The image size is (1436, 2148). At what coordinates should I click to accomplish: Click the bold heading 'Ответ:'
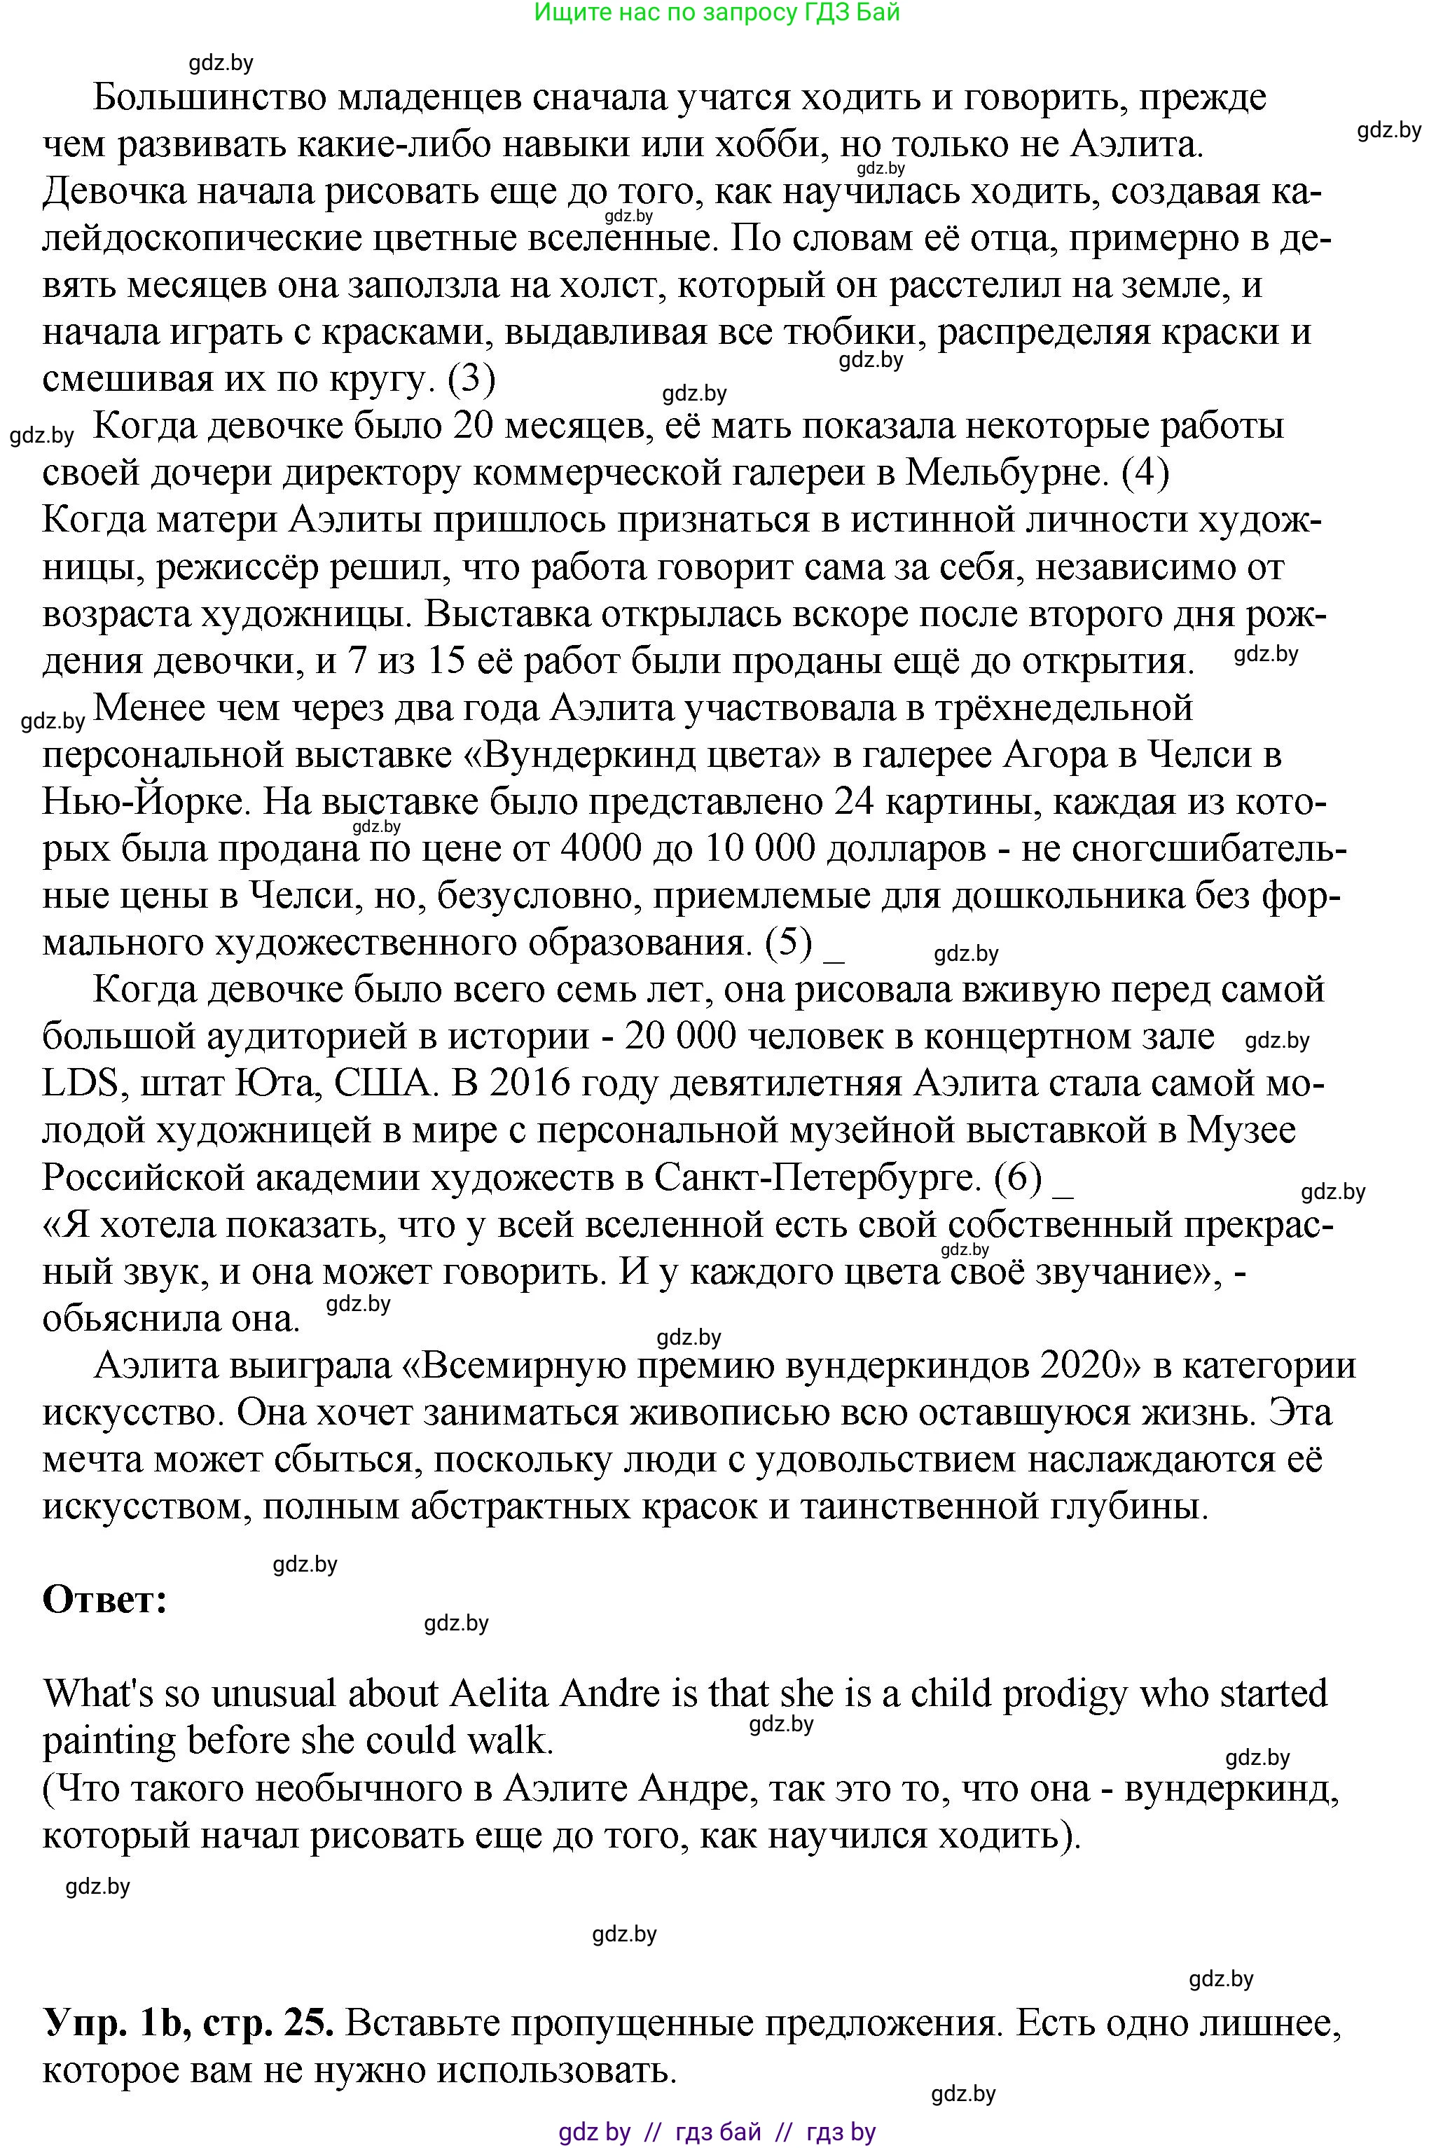(104, 1600)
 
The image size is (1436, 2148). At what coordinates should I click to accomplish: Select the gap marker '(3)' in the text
(471, 379)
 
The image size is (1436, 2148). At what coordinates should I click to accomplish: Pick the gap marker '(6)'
(1019, 1179)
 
